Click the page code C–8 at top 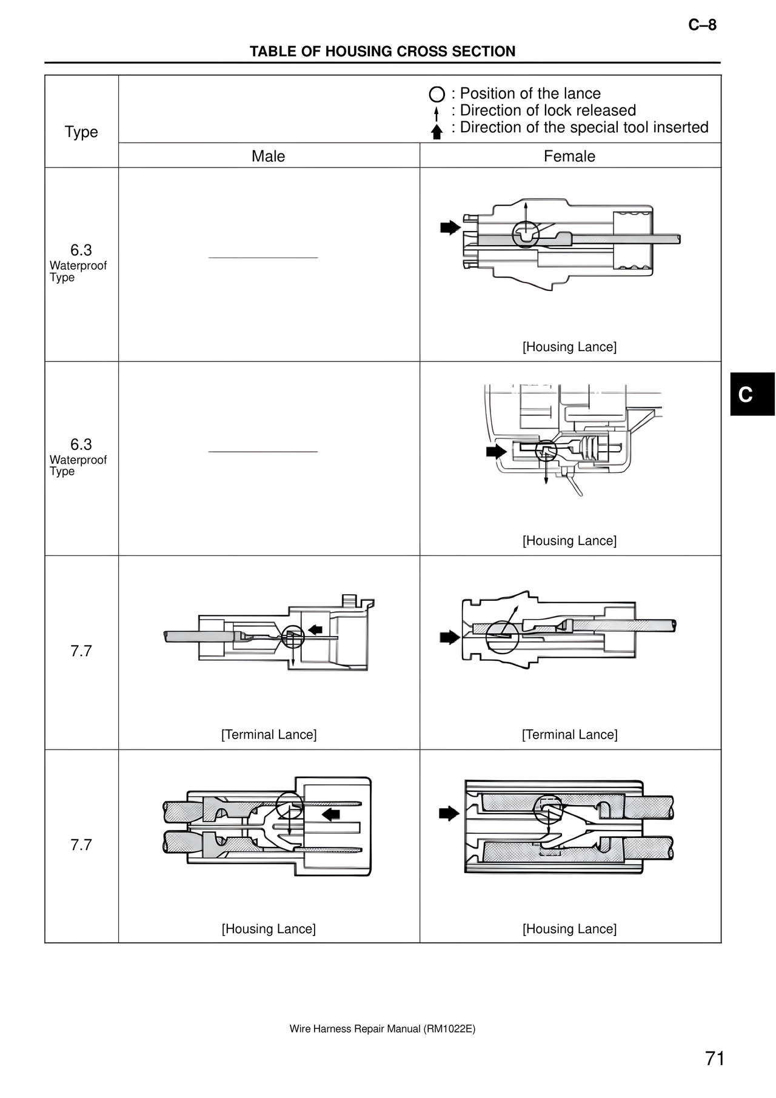702,25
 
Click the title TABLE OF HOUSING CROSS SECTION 383,52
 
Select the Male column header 268,156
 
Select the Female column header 569,156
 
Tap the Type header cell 81,132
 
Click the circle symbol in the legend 436,95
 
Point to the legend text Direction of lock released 547,110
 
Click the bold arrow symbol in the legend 436,132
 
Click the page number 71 715,1059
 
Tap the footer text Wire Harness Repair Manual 382,1029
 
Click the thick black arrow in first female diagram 450,228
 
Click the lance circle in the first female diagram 525,234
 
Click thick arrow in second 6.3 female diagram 497,452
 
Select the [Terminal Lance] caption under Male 269,735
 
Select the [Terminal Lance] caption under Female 569,735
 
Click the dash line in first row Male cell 263,258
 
